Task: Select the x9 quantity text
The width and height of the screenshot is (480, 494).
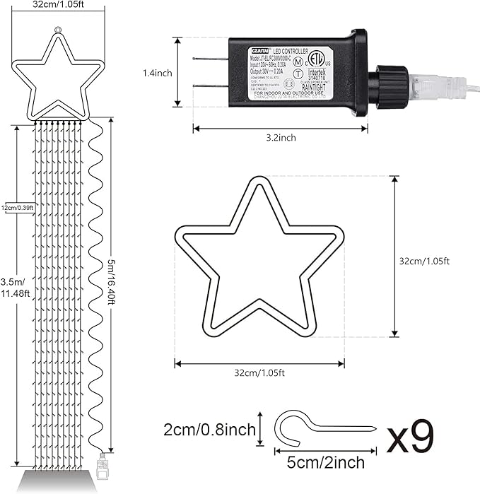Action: [410, 439]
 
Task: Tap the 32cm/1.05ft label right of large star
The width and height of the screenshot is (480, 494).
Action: [424, 260]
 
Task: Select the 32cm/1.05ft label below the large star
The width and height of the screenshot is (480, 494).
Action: [260, 372]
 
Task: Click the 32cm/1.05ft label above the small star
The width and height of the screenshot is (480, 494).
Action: [57, 5]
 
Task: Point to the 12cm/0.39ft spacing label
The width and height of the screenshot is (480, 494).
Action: [18, 207]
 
